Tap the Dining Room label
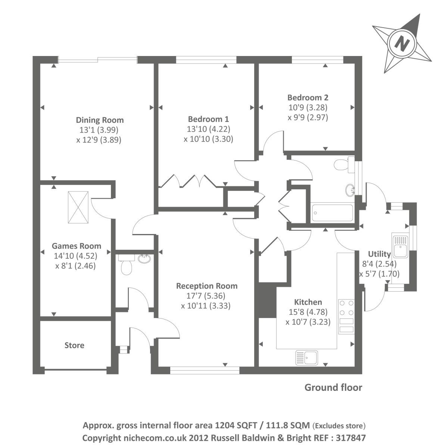tap(100, 120)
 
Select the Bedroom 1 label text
tap(208, 119)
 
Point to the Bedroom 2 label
tap(308, 97)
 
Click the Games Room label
tap(76, 246)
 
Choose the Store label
tap(74, 345)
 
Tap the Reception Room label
tap(207, 286)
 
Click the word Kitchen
tap(308, 302)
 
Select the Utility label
tap(379, 254)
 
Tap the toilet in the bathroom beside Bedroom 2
tap(345, 165)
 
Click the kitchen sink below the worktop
tap(307, 358)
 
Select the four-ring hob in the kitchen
tap(346, 308)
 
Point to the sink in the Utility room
tap(400, 246)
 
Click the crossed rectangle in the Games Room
tap(78, 207)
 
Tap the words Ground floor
tap(333, 388)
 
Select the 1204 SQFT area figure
tap(236, 425)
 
